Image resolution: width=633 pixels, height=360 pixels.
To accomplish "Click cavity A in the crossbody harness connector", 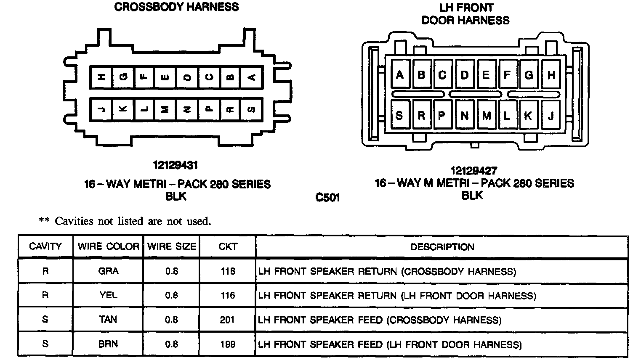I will click(251, 77).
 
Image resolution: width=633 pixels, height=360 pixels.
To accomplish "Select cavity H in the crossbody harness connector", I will click(101, 77).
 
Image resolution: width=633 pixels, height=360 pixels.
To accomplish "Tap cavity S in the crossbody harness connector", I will click(251, 109).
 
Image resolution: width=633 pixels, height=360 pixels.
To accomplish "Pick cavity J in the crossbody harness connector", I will click(101, 109).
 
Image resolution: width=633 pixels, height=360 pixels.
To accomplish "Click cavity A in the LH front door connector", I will click(399, 75).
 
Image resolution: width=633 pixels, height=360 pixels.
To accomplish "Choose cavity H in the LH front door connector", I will click(551, 75).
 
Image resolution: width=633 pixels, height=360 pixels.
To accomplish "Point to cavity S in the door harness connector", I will click(399, 115).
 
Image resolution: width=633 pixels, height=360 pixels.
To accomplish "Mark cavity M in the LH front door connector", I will click(486, 115).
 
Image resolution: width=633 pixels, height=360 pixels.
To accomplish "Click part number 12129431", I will click(176, 165).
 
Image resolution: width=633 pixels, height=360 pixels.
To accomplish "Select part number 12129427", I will click(473, 171).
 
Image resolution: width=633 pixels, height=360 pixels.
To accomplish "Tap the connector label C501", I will click(327, 197).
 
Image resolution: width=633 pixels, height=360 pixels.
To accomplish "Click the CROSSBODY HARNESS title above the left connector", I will click(176, 7).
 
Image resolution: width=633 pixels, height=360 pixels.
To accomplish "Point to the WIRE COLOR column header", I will click(108, 246).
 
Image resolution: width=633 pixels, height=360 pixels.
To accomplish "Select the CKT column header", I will click(228, 246).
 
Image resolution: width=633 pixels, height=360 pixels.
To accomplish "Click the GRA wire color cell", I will click(108, 271).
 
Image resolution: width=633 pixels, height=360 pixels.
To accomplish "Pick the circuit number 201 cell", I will click(227, 320).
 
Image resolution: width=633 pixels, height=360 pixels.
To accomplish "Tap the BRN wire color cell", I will click(108, 344).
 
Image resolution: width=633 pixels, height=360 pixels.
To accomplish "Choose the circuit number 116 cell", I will click(227, 296).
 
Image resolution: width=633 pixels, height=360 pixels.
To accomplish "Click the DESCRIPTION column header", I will click(442, 247).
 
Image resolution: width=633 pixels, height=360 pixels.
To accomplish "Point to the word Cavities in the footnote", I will click(74, 221).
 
